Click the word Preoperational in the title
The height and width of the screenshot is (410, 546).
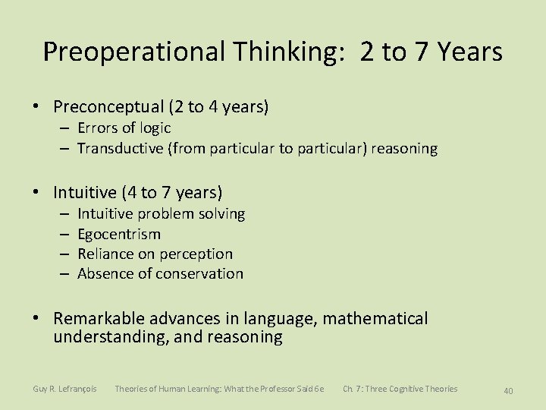[134, 52]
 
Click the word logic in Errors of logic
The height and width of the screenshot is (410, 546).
[155, 128]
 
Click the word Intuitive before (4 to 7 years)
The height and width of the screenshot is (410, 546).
[84, 193]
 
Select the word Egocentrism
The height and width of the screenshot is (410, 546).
[119, 234]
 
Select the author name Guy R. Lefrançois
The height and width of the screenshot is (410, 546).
[64, 389]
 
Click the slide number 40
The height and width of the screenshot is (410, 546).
[508, 390]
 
